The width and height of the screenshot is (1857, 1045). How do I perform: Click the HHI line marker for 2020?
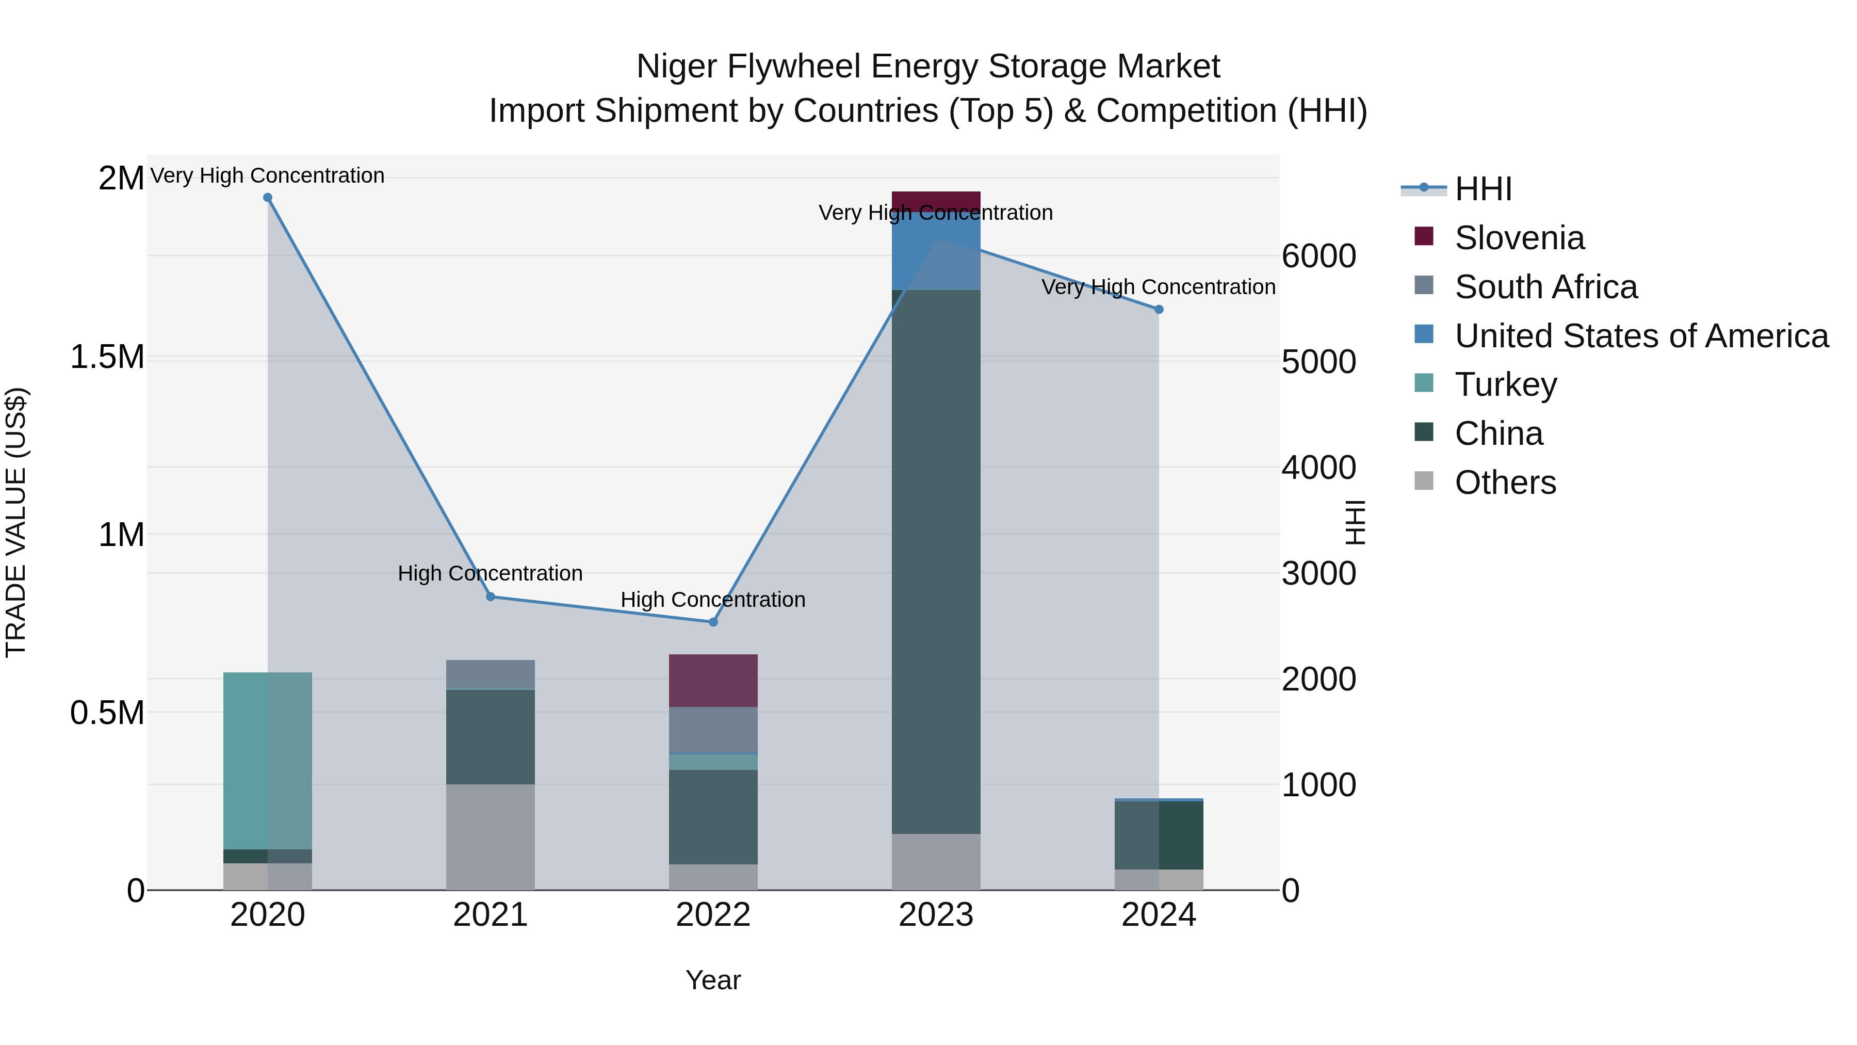pos(267,198)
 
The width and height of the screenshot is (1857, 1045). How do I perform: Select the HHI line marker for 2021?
pos(490,597)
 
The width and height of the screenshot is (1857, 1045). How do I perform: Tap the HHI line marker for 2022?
pos(713,622)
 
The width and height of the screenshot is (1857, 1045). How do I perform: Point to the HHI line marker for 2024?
pos(1159,310)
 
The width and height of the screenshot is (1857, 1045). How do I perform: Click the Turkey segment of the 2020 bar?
pos(267,760)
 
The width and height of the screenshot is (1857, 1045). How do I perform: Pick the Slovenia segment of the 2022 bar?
pos(713,680)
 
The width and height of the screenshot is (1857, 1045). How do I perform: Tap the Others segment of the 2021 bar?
pos(490,837)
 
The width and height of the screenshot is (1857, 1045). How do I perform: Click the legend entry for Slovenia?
pos(1519,238)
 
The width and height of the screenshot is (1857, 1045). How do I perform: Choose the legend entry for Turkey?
pos(1505,384)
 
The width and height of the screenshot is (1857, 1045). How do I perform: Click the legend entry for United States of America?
pos(1641,336)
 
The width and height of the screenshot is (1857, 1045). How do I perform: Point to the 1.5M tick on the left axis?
pos(107,357)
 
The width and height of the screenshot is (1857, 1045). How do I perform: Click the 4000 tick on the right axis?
pos(1318,468)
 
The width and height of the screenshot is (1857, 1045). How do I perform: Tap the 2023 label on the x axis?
pos(936,915)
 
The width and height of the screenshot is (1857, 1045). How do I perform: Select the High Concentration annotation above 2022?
pos(713,599)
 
